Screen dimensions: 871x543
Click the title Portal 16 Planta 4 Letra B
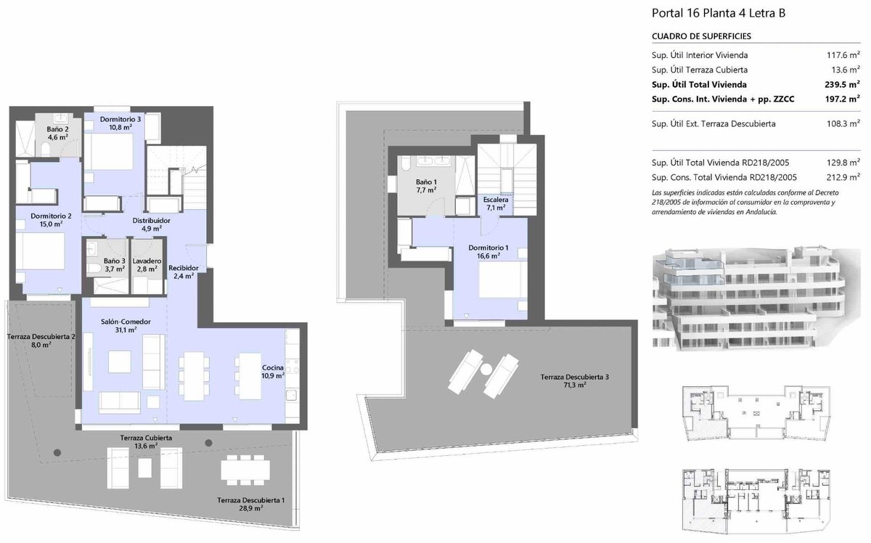coord(718,13)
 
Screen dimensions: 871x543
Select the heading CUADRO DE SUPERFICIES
coord(701,36)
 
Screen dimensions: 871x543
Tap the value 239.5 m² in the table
coord(842,84)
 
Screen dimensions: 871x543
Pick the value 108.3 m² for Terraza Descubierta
coord(843,123)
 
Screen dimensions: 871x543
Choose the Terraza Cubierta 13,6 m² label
coord(146,442)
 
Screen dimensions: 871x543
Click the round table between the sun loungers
coord(486,369)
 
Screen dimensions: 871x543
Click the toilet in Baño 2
coord(46,150)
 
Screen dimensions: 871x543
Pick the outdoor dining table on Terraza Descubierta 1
coord(245,470)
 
